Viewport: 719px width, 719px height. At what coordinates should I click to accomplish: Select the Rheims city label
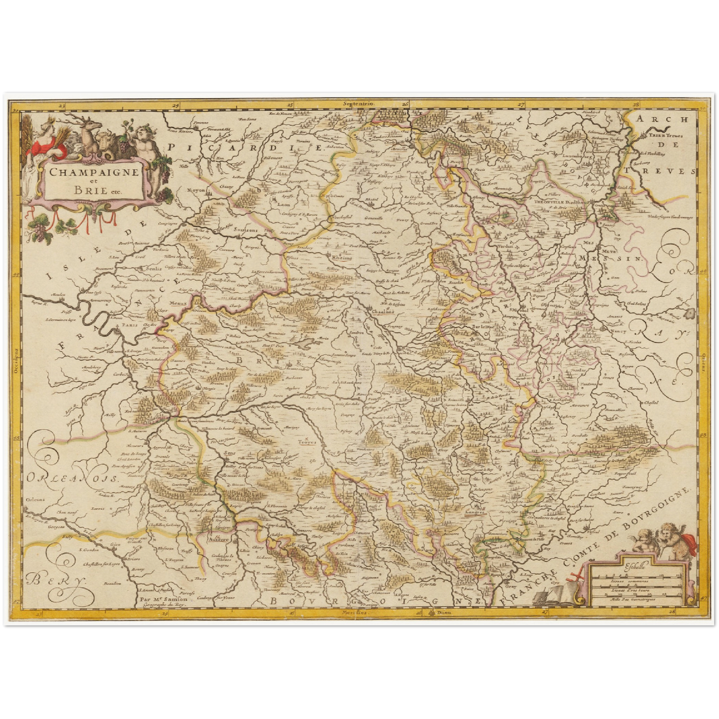pyautogui.click(x=342, y=258)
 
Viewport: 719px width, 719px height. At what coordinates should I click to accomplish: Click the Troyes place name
pyautogui.click(x=307, y=441)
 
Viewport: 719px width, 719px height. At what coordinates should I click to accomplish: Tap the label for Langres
pyautogui.click(x=474, y=512)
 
